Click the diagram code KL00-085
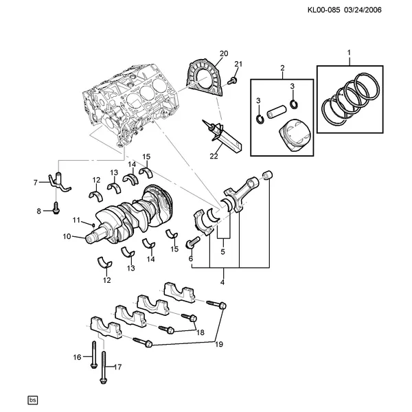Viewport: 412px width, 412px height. click(323, 10)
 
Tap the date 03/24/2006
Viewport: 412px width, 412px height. click(363, 10)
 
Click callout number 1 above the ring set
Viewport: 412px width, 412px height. click(349, 53)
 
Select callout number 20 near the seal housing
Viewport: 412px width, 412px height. click(224, 54)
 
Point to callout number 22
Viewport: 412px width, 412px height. click(214, 156)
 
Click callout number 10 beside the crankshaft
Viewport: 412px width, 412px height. click(67, 236)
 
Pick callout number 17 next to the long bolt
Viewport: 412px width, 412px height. click(118, 367)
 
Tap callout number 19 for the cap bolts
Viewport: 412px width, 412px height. click(219, 344)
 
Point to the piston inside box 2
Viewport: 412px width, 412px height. click(295, 135)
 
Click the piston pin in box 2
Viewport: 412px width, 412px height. click(276, 112)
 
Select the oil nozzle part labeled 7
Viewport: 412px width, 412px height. click(59, 182)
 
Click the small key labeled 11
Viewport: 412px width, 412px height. click(93, 225)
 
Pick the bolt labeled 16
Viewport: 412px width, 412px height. click(94, 355)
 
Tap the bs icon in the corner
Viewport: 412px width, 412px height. click(32, 400)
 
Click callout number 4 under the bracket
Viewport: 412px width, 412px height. click(222, 282)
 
